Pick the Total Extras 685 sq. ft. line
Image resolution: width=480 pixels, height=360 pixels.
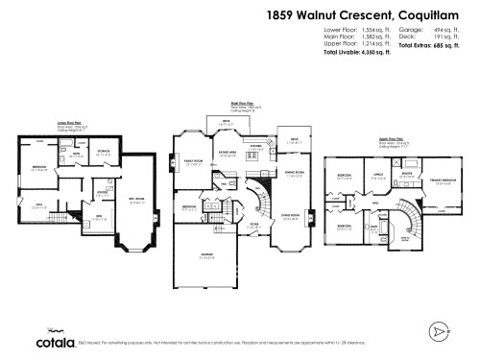coord(432,46)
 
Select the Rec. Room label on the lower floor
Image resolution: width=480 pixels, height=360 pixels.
coord(138,200)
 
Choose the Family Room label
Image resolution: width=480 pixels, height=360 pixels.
coord(191,161)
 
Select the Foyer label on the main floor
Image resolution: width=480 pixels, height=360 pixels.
coord(252,224)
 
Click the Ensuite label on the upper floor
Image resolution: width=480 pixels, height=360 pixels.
coord(406,174)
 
